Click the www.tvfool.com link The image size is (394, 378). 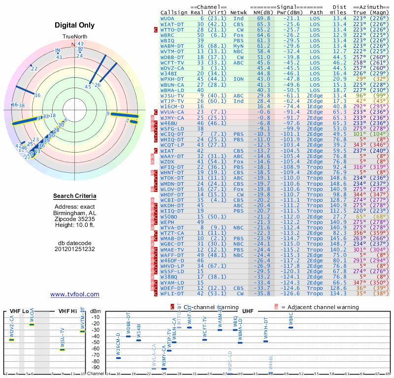[74, 294]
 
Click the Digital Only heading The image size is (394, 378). [75, 25]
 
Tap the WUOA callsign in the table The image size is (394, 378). [168, 18]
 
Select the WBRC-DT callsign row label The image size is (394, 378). [168, 35]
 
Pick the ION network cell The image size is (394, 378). [238, 79]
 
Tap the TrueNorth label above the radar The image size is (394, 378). [74, 37]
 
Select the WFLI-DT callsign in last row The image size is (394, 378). [172, 293]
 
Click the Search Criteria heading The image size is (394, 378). [75, 196]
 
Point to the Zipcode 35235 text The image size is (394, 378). [75, 218]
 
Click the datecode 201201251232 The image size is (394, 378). [75, 249]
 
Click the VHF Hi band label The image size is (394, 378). [68, 311]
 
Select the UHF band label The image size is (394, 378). [249, 311]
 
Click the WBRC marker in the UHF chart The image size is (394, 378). [291, 326]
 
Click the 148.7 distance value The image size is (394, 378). [339, 244]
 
